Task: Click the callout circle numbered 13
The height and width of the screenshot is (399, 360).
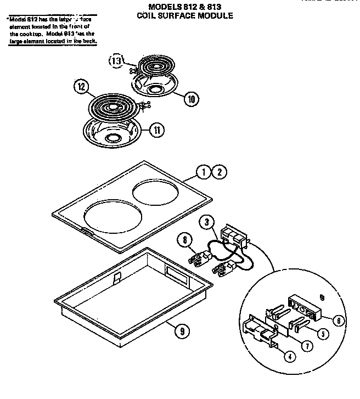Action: click(116, 61)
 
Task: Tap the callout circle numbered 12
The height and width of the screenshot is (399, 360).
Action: click(80, 87)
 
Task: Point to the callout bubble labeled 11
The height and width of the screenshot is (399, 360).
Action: click(156, 130)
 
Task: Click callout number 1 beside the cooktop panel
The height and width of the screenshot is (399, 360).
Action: click(204, 172)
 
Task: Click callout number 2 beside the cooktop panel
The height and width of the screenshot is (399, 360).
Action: click(219, 172)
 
